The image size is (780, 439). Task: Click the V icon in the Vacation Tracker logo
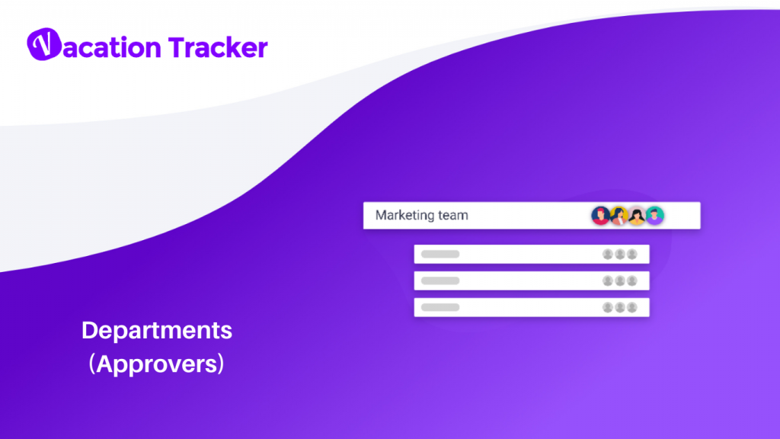pos(43,46)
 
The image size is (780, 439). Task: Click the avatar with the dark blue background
pos(601,216)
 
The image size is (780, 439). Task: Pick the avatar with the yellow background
pos(619,216)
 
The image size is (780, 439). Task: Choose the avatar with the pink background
pos(637,216)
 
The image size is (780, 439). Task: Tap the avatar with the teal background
pos(655,216)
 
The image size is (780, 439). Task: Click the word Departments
pos(157,331)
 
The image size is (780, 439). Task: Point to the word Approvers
pos(157,364)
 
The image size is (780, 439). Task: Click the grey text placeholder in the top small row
pos(440,254)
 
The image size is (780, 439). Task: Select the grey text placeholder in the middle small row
pos(440,280)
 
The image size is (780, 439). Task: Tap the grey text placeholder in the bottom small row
pos(440,307)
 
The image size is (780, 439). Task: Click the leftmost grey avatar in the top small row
pos(608,254)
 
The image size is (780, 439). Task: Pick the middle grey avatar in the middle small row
pos(620,280)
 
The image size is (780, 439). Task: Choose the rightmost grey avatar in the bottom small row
pos(632,307)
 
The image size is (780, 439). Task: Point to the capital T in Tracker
pos(175,47)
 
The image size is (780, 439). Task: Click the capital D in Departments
pos(89,331)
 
